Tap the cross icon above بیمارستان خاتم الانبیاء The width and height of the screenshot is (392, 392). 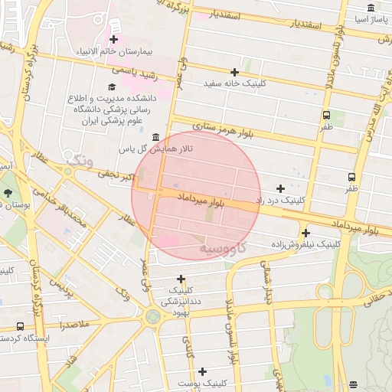pos(114,38)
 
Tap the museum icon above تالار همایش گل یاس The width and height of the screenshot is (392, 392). pos(155,137)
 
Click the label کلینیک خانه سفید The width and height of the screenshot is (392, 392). pos(235,83)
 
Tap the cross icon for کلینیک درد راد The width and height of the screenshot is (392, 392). pos(280,188)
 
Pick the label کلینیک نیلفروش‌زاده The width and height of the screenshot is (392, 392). pos(306,244)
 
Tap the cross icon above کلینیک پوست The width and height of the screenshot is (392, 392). pos(201,371)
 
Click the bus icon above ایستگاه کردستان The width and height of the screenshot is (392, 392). pos(21,325)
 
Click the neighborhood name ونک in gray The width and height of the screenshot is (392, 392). pos(80,161)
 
